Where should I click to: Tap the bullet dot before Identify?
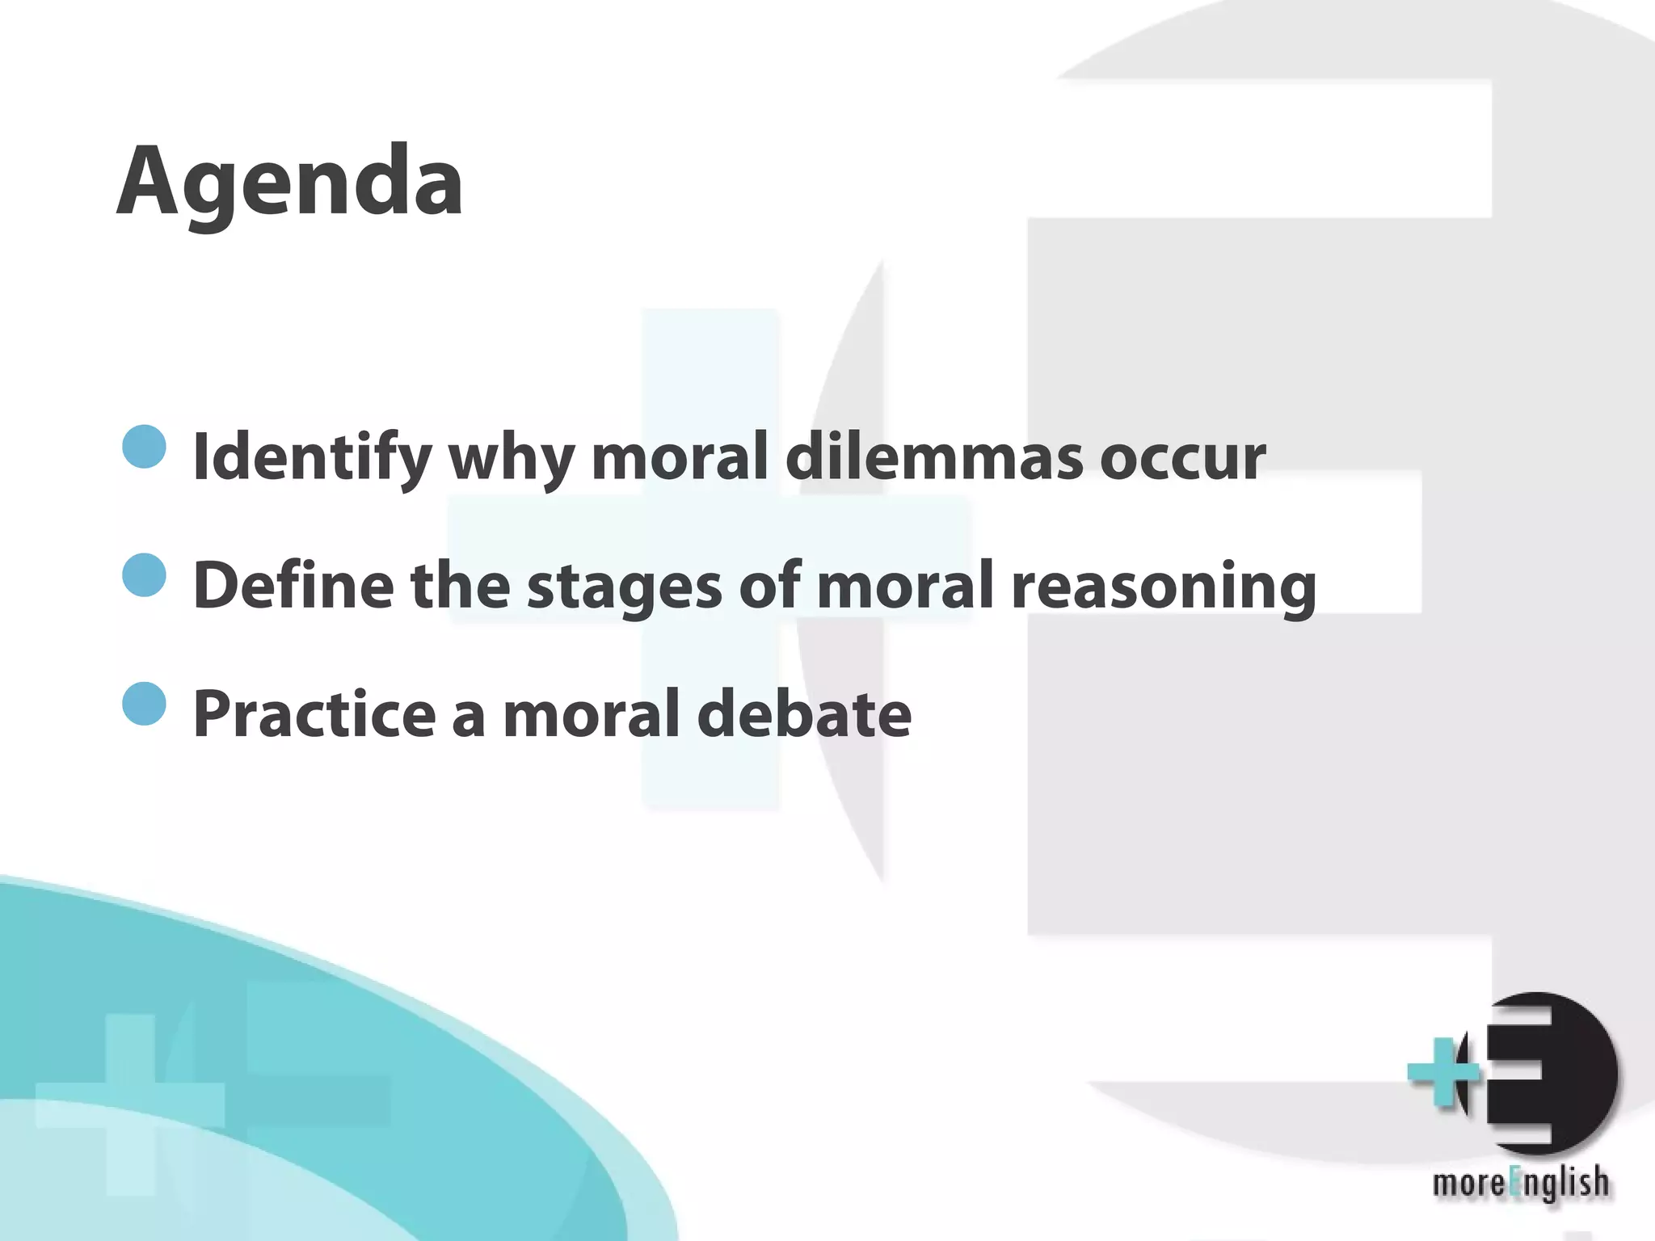tap(145, 447)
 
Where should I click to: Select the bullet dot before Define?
tap(145, 574)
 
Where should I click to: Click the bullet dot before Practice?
tap(145, 703)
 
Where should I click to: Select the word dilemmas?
tap(934, 456)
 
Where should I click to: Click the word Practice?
tap(314, 713)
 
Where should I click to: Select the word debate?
tap(804, 713)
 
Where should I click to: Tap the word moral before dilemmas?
tap(680, 456)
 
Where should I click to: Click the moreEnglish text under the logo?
tap(1520, 1184)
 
